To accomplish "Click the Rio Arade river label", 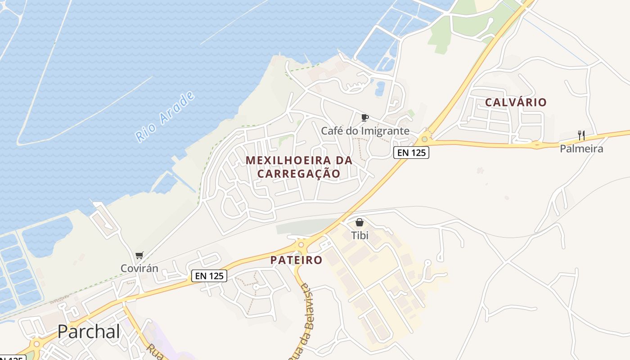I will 166,117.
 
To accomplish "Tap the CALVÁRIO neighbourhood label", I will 516,103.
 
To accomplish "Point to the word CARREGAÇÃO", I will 298,174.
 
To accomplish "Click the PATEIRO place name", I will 296,260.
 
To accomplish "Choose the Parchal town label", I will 89,332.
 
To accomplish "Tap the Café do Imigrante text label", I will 365,131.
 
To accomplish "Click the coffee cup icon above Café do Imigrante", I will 365,118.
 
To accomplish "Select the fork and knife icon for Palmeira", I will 581,135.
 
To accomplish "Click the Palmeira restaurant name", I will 581,148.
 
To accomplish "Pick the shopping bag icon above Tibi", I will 359,222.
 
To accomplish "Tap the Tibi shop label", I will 359,235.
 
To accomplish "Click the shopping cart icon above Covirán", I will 139,256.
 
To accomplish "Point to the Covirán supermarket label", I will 139,269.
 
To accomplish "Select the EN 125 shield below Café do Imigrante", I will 411,153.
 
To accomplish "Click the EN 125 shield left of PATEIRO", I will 209,276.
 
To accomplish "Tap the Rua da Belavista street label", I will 306,322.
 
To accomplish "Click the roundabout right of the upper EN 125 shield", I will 424,139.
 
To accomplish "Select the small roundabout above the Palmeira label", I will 536,144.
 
